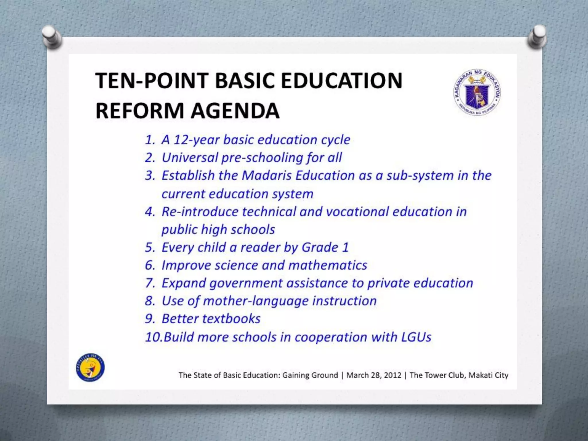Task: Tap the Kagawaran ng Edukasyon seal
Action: click(x=477, y=92)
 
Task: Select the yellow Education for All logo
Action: click(x=90, y=367)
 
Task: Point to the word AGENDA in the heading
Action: click(x=235, y=111)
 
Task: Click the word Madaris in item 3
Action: click(x=267, y=175)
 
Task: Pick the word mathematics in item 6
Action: click(x=328, y=265)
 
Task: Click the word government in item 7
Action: click(x=246, y=283)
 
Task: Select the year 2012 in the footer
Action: click(x=392, y=375)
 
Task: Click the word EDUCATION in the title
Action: click(x=341, y=81)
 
